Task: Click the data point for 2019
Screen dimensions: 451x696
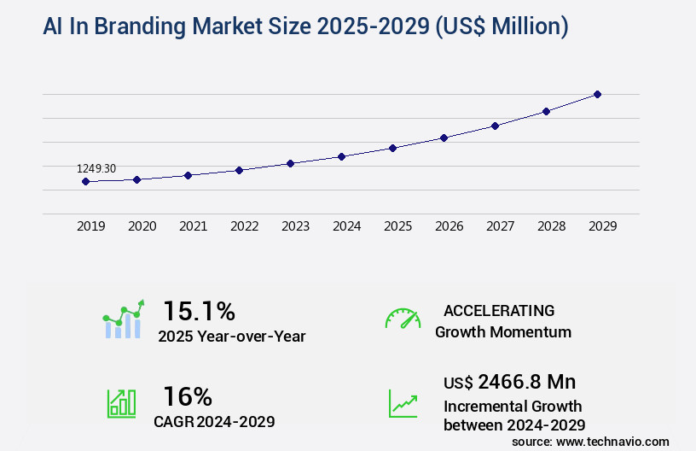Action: coord(85,181)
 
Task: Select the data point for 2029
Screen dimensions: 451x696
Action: coord(597,94)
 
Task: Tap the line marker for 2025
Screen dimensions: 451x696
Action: coord(392,148)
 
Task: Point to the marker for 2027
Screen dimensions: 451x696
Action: coord(495,126)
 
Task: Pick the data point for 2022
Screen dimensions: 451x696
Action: coord(239,170)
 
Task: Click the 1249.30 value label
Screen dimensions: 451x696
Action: coord(96,168)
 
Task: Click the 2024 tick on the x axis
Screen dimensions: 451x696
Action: coord(347,226)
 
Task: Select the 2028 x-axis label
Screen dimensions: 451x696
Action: coord(552,226)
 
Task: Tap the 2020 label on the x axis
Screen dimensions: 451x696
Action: coord(142,226)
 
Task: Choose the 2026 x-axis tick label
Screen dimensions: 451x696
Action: coord(449,226)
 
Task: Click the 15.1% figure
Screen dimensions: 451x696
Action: coord(199,310)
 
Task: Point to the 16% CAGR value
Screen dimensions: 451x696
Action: coord(188,396)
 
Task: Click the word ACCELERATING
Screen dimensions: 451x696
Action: coord(499,311)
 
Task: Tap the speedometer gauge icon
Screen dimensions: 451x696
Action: coord(403,319)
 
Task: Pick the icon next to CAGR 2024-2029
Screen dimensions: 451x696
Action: coord(121,403)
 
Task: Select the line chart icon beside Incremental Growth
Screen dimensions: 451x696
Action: coord(403,403)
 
